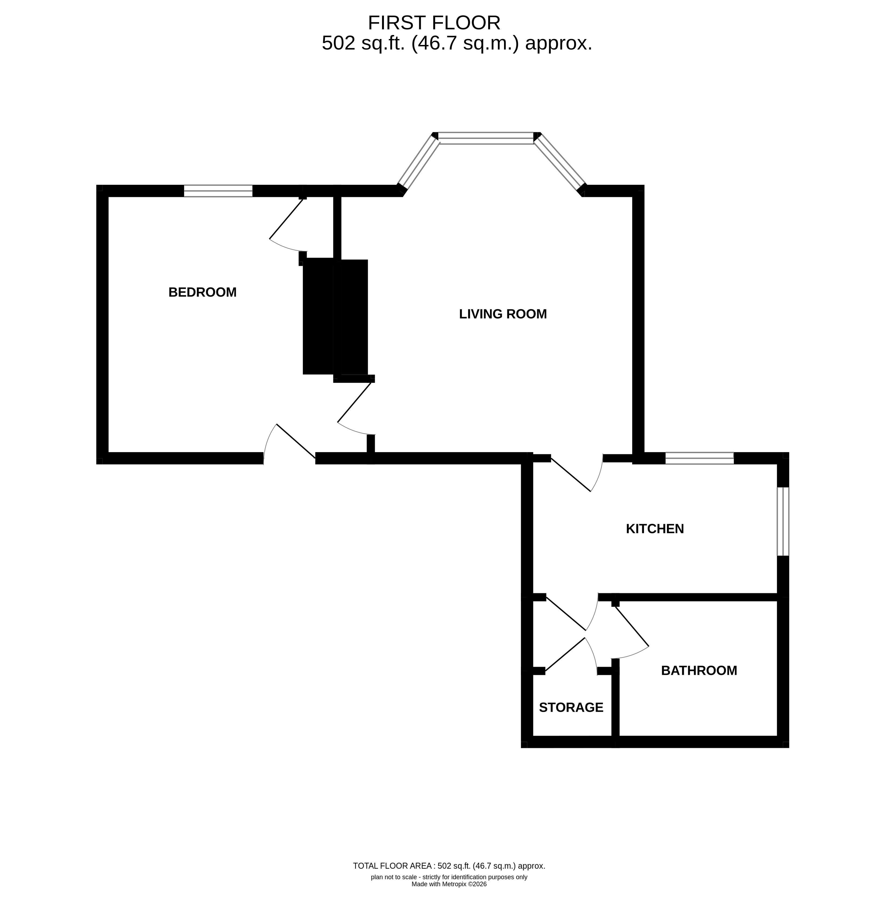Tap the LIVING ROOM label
[503, 314]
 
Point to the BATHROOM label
[699, 671]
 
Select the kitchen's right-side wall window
[783, 522]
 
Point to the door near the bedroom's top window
[288, 224]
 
